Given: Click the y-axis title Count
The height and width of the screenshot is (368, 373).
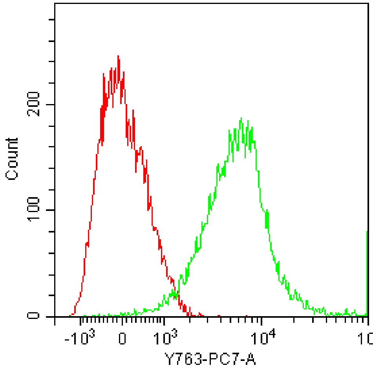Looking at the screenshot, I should pyautogui.click(x=13, y=159).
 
